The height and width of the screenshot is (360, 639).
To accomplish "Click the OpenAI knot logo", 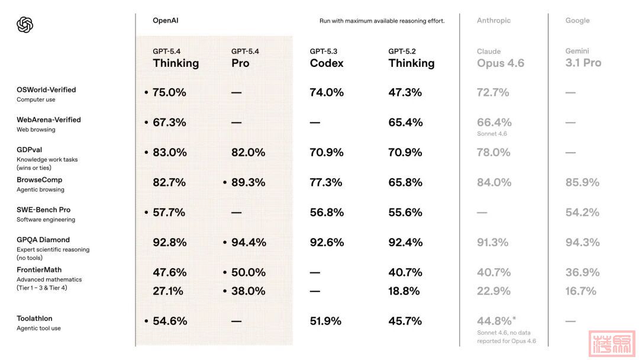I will tap(25, 25).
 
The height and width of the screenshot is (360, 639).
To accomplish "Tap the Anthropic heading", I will tap(493, 21).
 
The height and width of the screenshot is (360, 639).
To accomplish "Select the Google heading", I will tap(577, 21).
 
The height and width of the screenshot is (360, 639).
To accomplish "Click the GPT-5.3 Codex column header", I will tap(327, 59).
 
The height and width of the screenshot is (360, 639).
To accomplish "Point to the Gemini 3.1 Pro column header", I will tap(583, 59).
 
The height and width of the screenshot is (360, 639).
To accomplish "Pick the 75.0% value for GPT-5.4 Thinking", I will tap(169, 92).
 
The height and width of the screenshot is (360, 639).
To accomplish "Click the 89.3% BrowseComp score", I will tap(248, 182).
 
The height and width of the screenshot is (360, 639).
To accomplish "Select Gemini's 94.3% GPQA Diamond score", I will tap(582, 242).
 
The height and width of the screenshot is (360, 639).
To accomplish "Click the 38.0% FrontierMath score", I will tap(248, 291).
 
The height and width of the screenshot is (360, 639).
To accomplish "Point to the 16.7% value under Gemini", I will tap(581, 291).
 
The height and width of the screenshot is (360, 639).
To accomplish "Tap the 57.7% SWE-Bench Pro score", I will tap(169, 212).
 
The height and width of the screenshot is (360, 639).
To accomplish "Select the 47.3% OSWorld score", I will tap(405, 92).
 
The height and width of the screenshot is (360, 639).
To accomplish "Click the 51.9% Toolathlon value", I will tap(325, 321).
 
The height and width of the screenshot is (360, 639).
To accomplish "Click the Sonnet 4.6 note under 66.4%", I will tap(492, 134).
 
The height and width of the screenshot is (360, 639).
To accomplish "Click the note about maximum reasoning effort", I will tap(382, 21).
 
